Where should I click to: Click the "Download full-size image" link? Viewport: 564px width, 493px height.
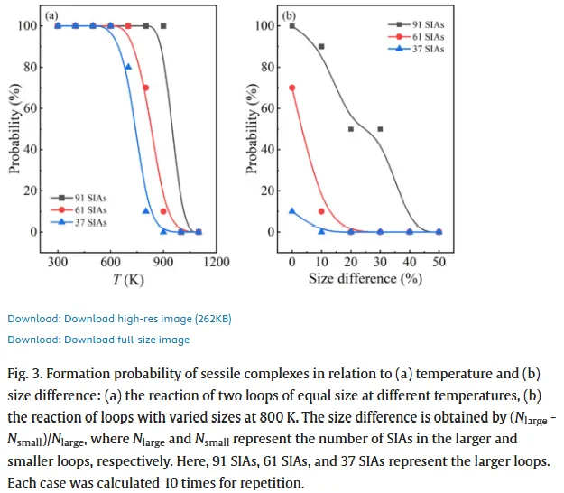[98, 340]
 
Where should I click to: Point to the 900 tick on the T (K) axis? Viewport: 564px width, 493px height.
[163, 262]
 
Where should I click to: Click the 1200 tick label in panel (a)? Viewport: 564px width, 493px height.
[217, 262]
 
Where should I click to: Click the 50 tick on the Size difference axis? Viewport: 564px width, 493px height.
[439, 262]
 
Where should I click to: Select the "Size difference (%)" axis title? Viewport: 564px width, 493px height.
[365, 279]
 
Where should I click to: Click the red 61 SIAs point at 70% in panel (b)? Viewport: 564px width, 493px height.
[291, 88]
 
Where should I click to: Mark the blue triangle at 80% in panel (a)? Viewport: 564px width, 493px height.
[128, 67]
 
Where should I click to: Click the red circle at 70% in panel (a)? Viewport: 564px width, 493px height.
[145, 88]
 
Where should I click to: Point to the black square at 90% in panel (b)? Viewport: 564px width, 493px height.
[321, 46]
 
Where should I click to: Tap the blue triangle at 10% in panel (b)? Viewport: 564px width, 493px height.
[291, 211]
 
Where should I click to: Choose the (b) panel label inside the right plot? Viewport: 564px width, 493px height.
[289, 15]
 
